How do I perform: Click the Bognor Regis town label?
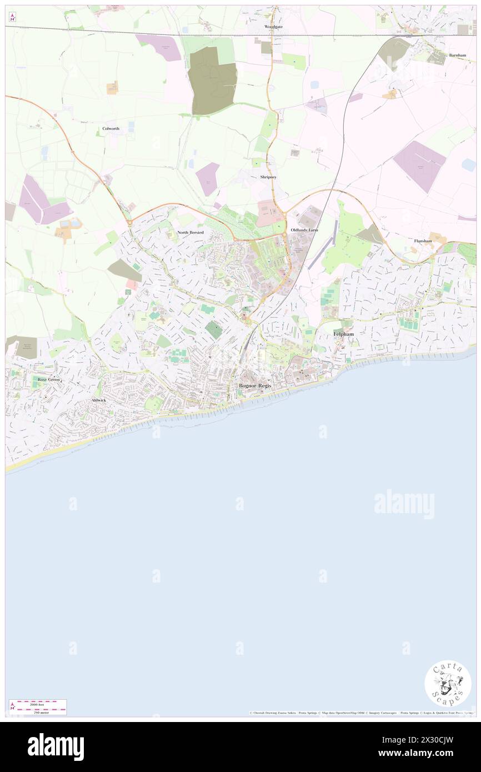click(x=255, y=385)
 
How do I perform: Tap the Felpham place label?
click(x=343, y=334)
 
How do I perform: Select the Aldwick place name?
click(x=99, y=400)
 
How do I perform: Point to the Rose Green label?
click(x=48, y=379)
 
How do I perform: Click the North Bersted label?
click(x=191, y=232)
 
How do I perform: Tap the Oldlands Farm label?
click(x=304, y=229)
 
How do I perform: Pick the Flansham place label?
click(x=423, y=240)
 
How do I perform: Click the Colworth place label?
click(x=111, y=128)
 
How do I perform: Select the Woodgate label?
click(x=273, y=27)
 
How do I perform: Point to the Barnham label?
click(x=458, y=56)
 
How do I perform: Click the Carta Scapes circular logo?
click(x=448, y=683)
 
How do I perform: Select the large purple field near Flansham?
click(x=419, y=165)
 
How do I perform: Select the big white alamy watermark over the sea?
click(x=404, y=504)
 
